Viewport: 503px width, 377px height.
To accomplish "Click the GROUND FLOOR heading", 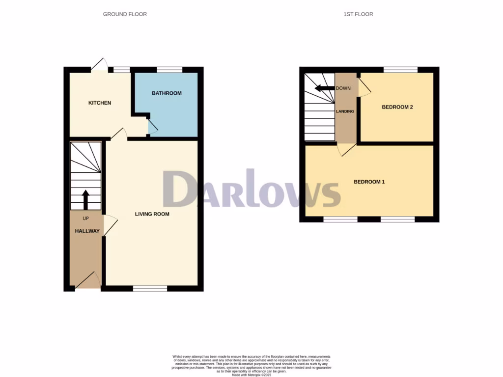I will (125, 14).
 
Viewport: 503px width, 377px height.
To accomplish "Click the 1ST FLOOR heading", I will (358, 14).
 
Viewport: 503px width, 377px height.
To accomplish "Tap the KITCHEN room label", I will (100, 103).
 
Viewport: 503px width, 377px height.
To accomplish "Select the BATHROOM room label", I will (167, 93).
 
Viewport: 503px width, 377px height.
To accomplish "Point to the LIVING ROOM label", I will (152, 214).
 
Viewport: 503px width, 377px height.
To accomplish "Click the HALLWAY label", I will (87, 231).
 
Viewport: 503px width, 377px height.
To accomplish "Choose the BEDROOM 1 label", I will (369, 182).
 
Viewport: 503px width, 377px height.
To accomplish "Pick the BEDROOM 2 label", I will (397, 107).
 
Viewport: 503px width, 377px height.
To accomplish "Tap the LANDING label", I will (345, 111).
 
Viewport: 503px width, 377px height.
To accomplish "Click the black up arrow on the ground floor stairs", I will (86, 200).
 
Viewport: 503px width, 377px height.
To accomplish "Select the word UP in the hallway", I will (86, 218).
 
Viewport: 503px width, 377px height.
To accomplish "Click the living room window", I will (150, 289).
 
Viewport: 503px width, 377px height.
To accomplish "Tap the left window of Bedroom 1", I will (340, 219).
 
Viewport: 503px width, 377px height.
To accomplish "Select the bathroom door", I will (152, 127).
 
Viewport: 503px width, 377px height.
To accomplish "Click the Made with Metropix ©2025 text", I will (251, 376).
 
